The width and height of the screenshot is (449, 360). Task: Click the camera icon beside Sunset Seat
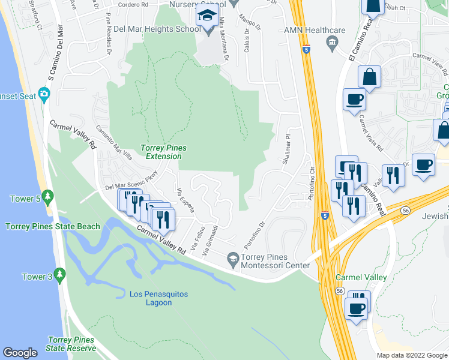click(43, 94)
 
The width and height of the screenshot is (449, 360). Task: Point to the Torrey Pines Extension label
click(163, 152)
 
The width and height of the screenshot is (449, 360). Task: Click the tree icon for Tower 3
click(59, 275)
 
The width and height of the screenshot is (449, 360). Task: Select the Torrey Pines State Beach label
click(53, 226)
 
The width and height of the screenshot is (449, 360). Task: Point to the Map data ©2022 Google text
click(412, 355)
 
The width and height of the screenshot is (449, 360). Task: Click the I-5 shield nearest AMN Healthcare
click(306, 50)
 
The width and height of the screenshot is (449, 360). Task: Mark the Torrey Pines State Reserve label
click(71, 344)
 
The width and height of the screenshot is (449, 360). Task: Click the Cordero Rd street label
click(133, 5)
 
